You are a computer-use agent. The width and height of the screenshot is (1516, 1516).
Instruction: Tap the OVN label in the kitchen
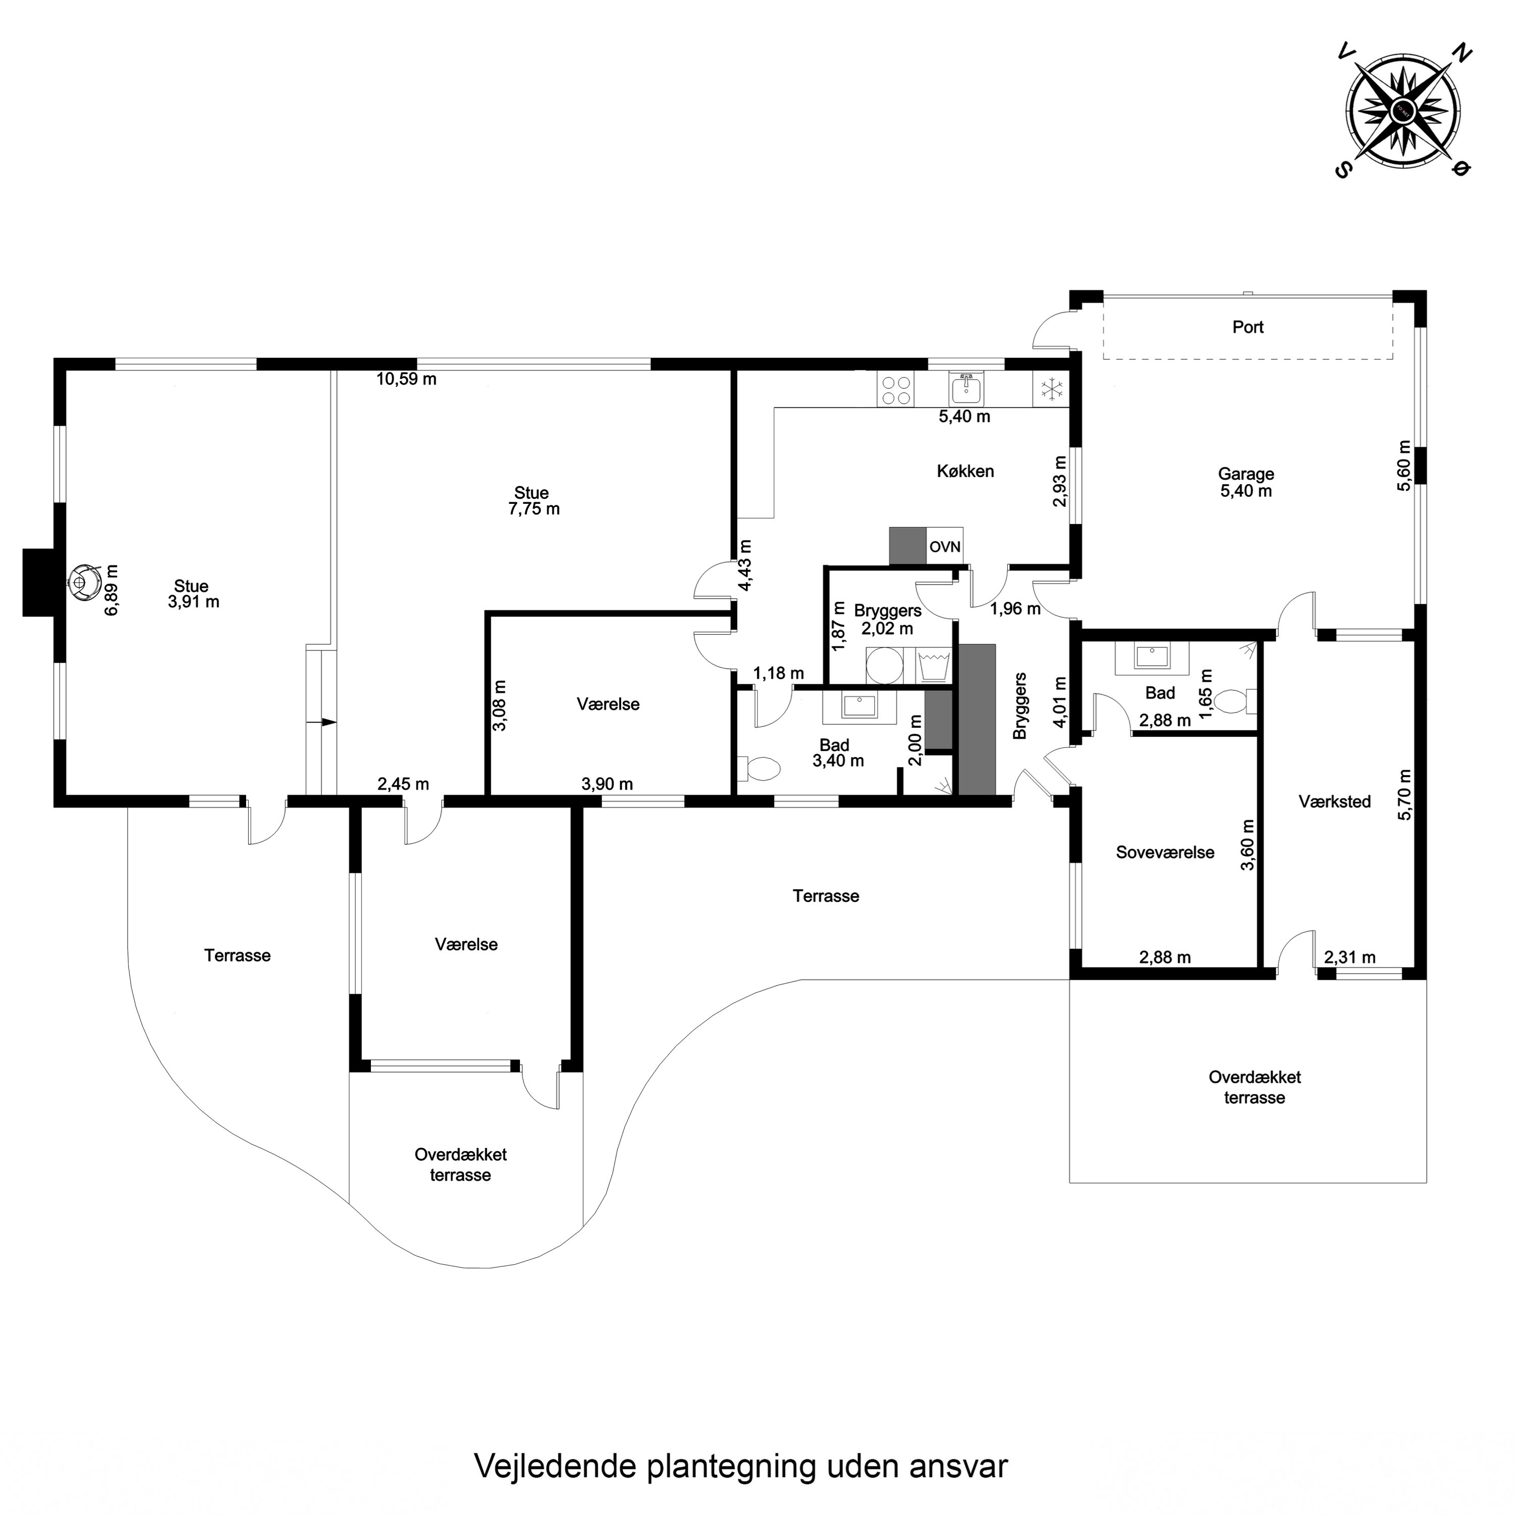point(945,547)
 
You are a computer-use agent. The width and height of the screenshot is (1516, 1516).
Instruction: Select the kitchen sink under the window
point(966,389)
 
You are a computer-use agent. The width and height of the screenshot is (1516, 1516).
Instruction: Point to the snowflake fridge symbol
point(1051,389)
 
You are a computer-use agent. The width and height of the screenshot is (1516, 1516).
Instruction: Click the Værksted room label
point(1334,801)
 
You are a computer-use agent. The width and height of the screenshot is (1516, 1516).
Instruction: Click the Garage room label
point(1246,474)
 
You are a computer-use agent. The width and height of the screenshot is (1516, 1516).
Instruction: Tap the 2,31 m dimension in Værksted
point(1350,957)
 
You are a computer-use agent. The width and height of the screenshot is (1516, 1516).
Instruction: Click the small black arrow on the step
point(328,722)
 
